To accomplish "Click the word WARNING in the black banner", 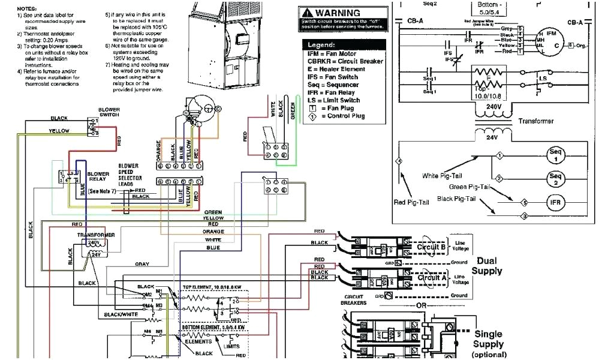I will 338,13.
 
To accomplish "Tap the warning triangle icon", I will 307,13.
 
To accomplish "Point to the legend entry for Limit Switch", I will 334,100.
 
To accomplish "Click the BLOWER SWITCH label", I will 109,112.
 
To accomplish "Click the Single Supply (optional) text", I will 488,343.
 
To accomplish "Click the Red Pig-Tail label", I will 412,202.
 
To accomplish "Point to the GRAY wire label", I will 142,264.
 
